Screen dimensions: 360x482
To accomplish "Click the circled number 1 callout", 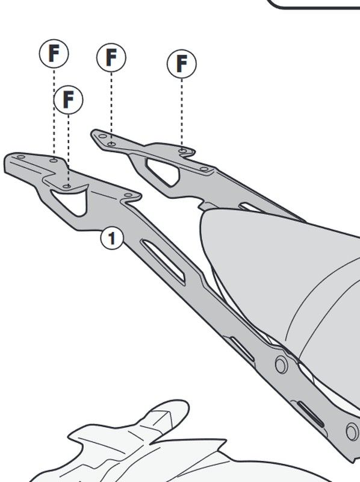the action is click(112, 238).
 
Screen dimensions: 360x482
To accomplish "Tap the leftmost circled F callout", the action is click(54, 54).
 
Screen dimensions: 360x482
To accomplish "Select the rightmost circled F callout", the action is click(182, 64).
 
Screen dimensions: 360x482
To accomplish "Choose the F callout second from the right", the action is click(111, 57).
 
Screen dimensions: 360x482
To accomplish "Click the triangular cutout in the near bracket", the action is click(70, 200).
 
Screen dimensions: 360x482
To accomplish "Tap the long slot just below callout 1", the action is click(163, 262).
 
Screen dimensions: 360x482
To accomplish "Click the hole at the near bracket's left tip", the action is click(21, 157).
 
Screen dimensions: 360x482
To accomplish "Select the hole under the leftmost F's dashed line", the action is click(54, 160).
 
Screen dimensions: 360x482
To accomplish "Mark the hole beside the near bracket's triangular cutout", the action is click(128, 195).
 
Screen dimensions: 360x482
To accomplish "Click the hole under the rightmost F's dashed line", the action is click(182, 151).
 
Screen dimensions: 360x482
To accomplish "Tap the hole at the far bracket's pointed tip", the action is click(102, 136).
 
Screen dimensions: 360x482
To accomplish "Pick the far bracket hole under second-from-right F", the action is click(112, 143).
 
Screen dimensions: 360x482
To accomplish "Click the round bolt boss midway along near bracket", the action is click(281, 365).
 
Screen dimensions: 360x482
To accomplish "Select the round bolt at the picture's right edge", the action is click(353, 431).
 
